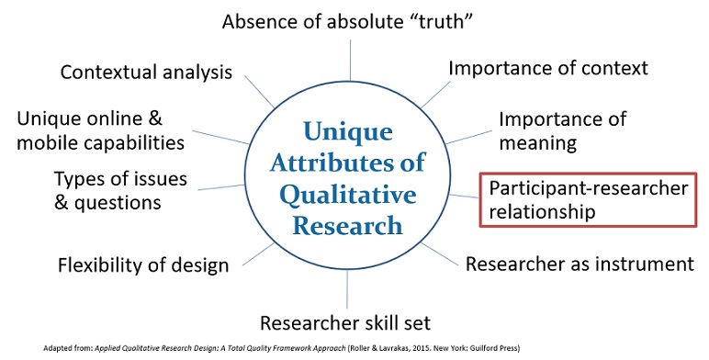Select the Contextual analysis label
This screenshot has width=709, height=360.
(x=146, y=72)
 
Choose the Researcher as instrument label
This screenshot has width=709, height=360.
(x=579, y=264)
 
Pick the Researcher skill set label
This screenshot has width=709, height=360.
(x=345, y=322)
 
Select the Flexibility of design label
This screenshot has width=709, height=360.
(x=142, y=265)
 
